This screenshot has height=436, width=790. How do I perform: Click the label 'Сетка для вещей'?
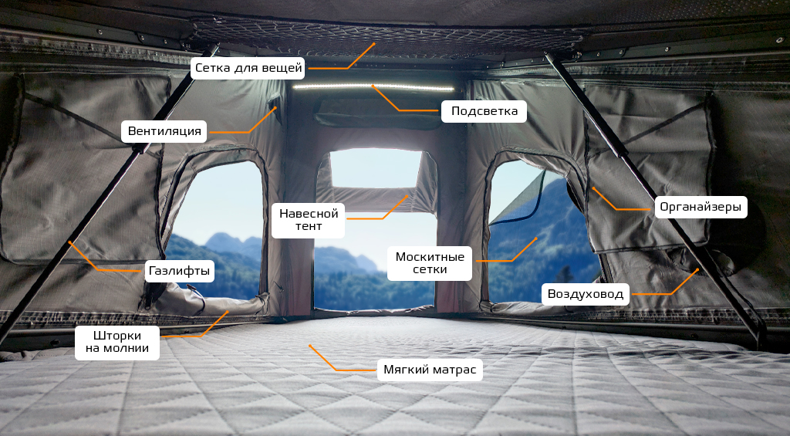click(248, 68)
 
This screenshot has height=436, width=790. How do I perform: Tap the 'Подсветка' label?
click(484, 111)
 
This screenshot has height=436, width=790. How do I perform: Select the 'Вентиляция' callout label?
click(164, 131)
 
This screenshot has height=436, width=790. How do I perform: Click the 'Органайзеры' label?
click(701, 207)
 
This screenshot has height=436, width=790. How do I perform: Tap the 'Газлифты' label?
click(179, 271)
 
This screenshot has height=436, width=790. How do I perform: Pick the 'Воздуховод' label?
click(586, 293)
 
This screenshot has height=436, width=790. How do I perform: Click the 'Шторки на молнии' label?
click(116, 343)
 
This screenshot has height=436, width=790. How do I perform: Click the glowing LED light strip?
click(373, 86)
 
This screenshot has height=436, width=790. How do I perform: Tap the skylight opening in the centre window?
click(376, 167)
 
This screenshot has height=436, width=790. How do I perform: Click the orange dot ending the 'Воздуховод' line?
click(698, 269)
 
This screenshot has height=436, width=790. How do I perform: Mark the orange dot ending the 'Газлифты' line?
click(69, 242)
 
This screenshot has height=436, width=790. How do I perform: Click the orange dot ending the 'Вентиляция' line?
click(275, 109)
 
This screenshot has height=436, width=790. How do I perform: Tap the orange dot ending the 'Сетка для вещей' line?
click(373, 44)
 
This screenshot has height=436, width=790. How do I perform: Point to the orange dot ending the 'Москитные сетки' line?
click(536, 238)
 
